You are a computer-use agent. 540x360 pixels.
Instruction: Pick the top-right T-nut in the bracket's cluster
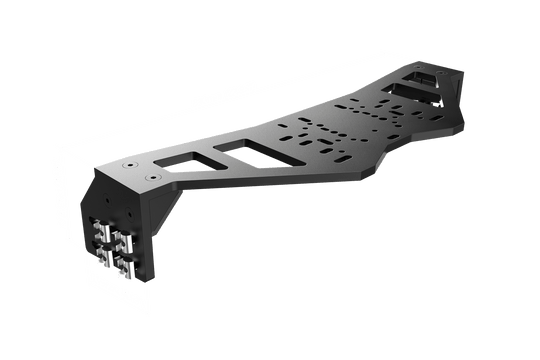[122, 241]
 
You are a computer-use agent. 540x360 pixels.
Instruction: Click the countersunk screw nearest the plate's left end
[132, 162]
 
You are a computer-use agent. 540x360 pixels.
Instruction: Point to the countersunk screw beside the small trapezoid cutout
[153, 174]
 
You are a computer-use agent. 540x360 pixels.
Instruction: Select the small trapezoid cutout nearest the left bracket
[181, 159]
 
